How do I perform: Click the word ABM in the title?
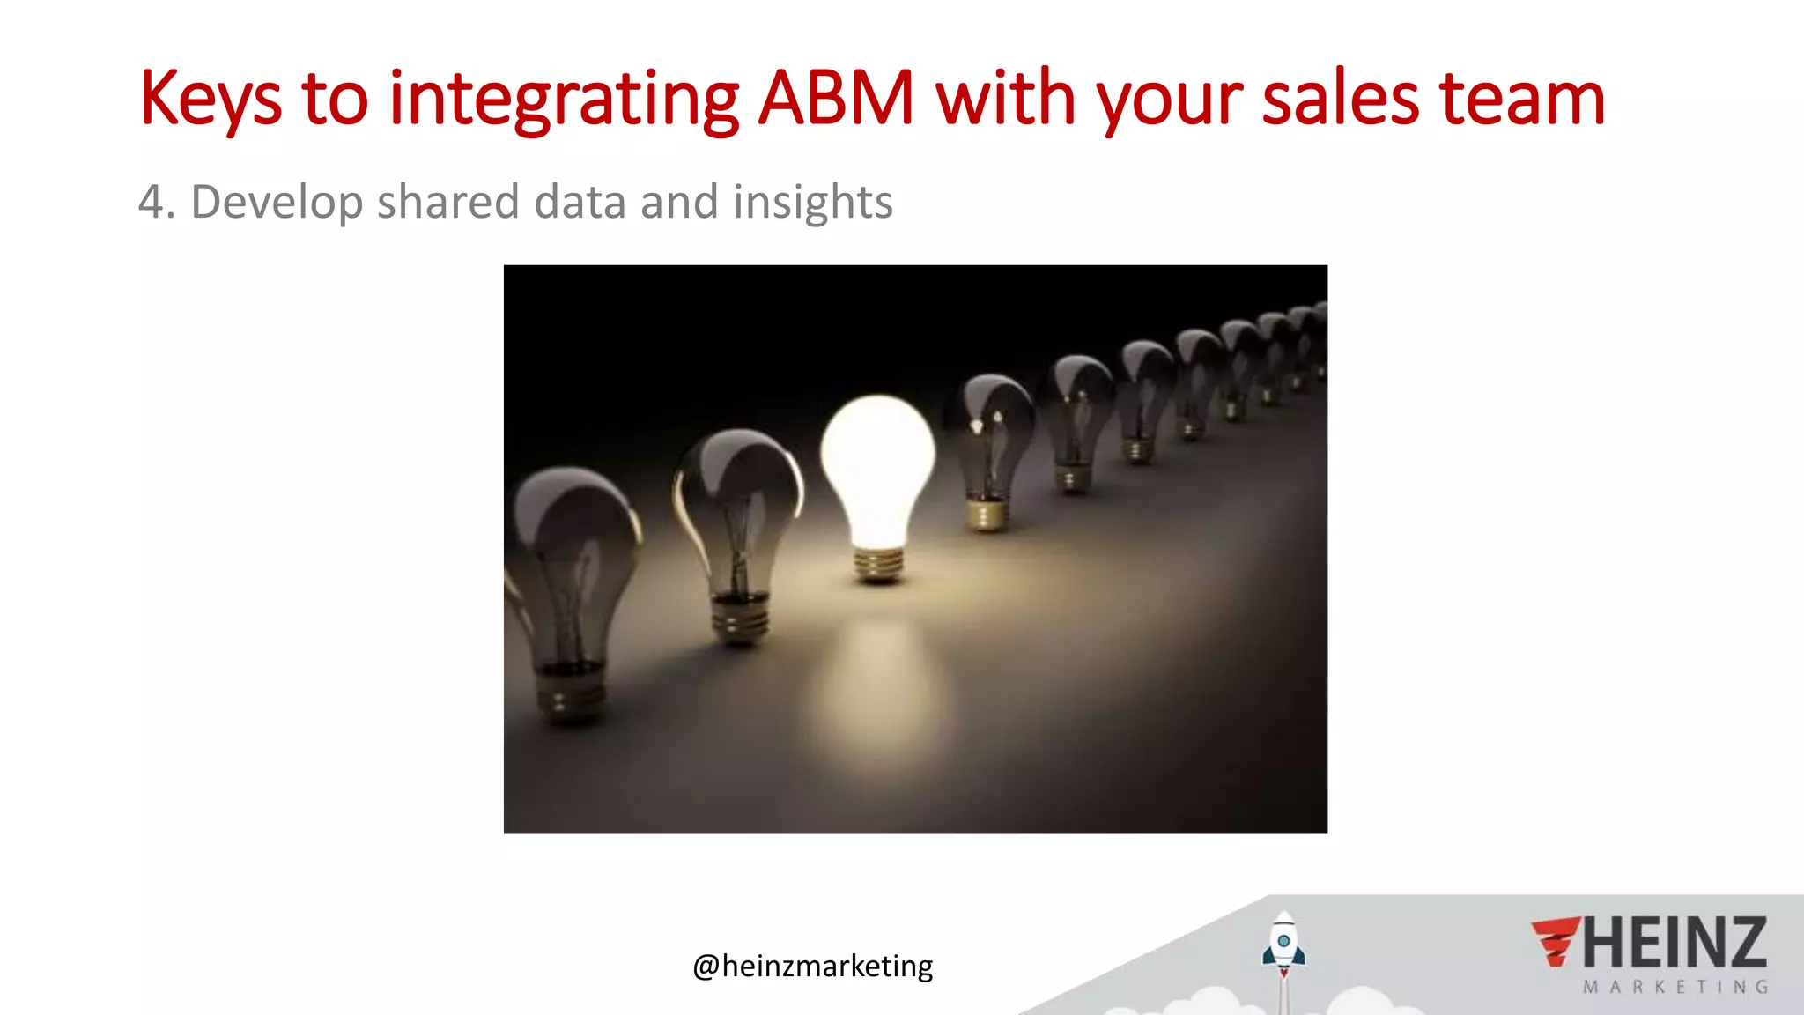tap(836, 99)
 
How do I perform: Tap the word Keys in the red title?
tap(211, 100)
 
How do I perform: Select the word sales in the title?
tap(1341, 99)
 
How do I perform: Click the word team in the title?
tap(1522, 99)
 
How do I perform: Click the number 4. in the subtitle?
tap(157, 202)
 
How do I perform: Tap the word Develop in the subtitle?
tap(277, 204)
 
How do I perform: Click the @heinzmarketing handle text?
tap(812, 967)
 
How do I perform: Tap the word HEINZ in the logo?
tap(1675, 943)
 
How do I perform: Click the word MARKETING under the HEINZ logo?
tap(1675, 988)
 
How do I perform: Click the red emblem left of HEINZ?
tap(1555, 942)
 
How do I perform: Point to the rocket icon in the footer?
tap(1283, 947)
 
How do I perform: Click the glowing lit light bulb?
tap(877, 467)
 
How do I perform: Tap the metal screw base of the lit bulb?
tap(878, 563)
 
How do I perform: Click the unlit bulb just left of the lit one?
tap(738, 529)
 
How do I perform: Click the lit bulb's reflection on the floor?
tap(876, 687)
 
